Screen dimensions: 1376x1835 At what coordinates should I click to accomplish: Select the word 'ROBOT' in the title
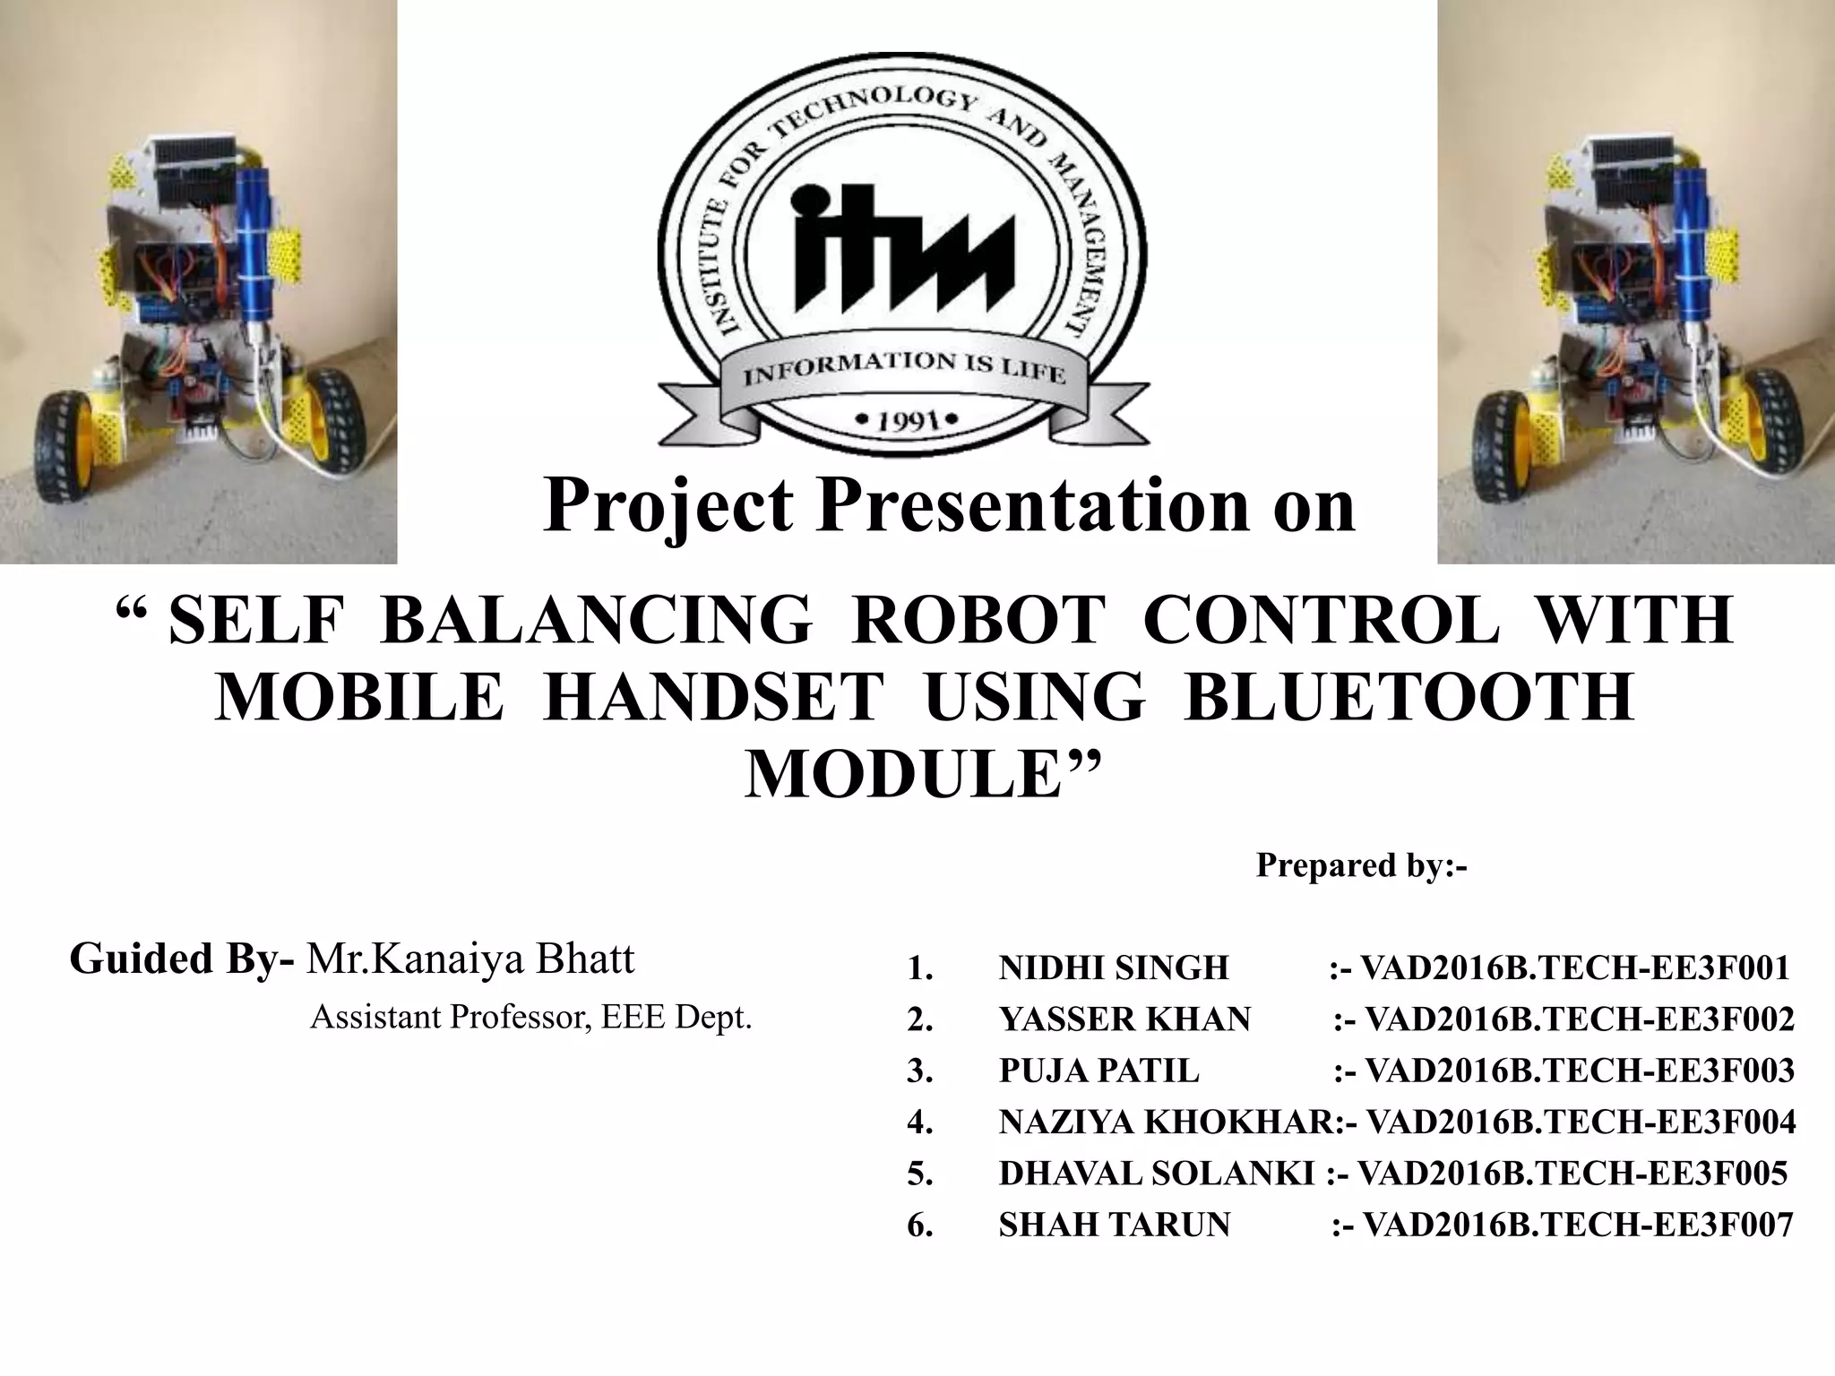(x=978, y=620)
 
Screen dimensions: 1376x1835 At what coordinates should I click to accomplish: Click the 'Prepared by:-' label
(x=1361, y=865)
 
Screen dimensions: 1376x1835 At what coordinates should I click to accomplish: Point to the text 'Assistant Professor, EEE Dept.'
(x=530, y=1017)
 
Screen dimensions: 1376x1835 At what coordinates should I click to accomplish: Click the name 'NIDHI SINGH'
(x=1114, y=967)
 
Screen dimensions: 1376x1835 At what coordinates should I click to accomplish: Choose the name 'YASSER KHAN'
(x=1124, y=1019)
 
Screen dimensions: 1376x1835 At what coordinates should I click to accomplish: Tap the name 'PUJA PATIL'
(x=1098, y=1071)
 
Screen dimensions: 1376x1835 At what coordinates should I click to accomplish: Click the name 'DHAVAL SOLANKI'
(x=1157, y=1174)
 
